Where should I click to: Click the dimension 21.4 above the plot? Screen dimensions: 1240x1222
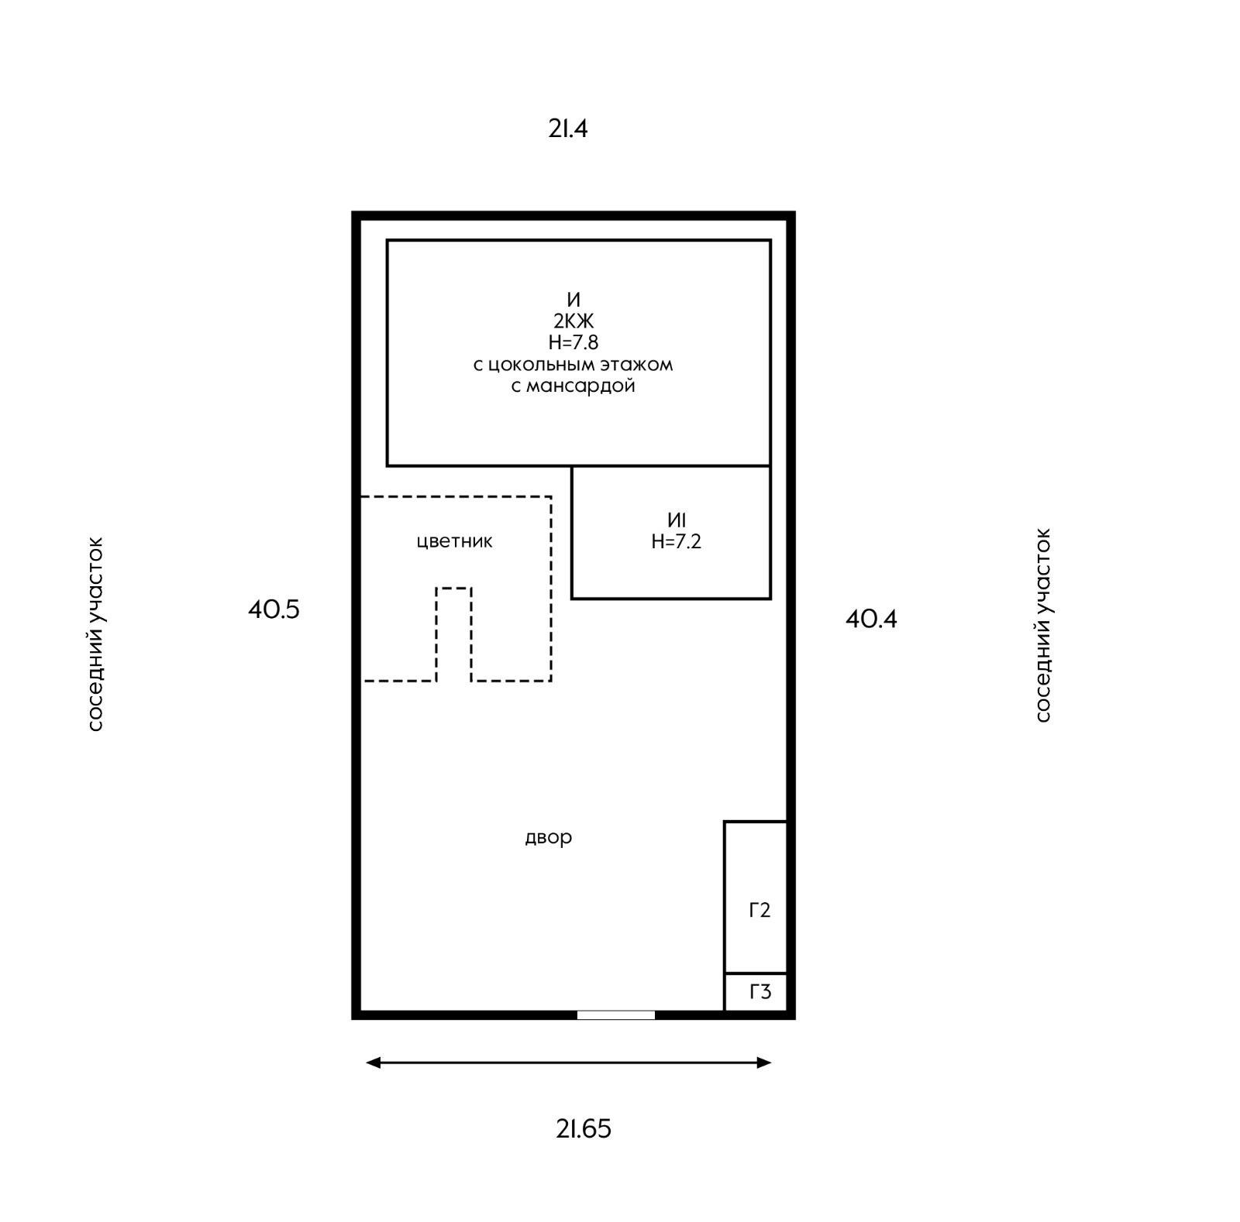coord(568,129)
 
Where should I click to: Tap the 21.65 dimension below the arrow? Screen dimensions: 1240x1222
coord(584,1129)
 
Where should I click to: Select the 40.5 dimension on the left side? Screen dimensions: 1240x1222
coord(274,609)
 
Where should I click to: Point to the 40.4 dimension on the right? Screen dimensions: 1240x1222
coord(871,619)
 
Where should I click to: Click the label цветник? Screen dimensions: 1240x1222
coord(454,541)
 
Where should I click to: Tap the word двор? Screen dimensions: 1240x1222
coord(549,837)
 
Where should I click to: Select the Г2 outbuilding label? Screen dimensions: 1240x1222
coord(759,911)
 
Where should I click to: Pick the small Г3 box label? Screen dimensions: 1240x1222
coord(760,992)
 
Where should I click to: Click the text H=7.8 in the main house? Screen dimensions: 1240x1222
coord(573,342)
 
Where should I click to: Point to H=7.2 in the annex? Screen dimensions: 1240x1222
coord(677,541)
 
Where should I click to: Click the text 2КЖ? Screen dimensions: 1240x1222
coord(573,321)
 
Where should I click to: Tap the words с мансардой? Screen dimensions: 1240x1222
coord(573,386)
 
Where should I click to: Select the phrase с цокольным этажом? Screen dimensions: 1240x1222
coord(573,364)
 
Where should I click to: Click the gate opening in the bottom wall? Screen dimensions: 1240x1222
coord(616,1015)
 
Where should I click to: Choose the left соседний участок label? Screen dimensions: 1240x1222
coord(95,634)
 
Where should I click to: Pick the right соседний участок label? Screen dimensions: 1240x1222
coord(1043,626)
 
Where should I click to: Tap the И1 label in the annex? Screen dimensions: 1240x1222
coord(677,520)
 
